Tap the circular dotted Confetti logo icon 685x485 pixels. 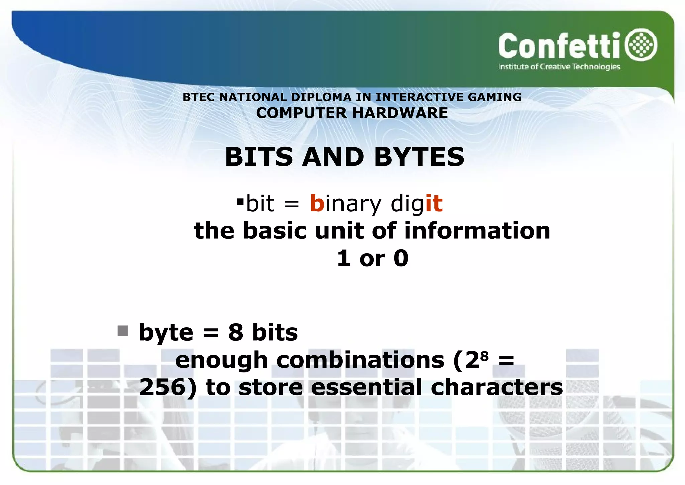[641, 45]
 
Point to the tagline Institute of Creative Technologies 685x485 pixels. [559, 67]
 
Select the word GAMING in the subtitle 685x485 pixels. [494, 97]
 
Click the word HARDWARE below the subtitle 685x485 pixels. [400, 113]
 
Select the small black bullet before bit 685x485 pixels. [240, 202]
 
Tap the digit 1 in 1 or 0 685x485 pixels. [344, 258]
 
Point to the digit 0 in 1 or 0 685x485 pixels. [401, 258]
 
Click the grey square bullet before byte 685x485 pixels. [123, 331]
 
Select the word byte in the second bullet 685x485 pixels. [166, 333]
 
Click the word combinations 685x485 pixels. [360, 360]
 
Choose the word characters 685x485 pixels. [497, 387]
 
